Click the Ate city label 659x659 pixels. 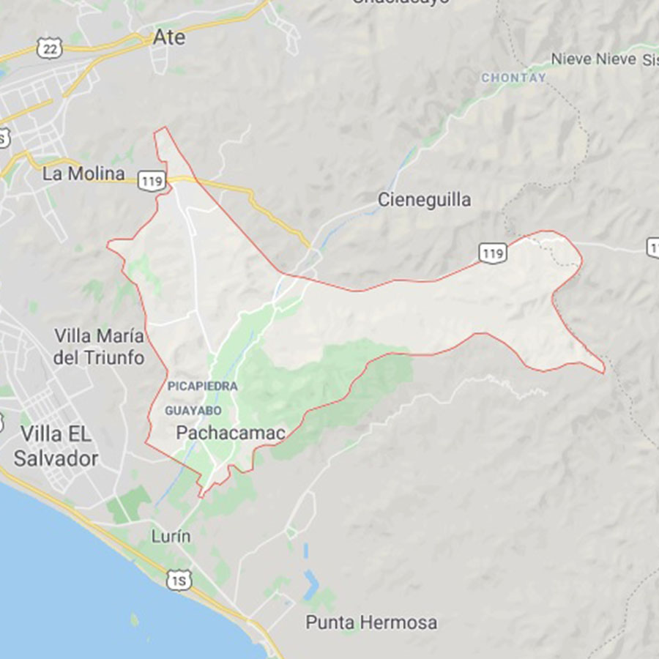[170, 37]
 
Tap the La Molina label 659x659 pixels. [83, 174]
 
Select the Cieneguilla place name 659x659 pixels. [424, 200]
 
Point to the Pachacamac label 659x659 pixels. [230, 433]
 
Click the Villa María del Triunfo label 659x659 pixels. [100, 347]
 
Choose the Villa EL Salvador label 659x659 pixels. [56, 446]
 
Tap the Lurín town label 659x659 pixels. [171, 536]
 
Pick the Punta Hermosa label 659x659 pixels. [371, 623]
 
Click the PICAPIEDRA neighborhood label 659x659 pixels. [202, 386]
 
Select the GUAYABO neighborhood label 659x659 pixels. [193, 411]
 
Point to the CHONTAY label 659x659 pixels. [513, 78]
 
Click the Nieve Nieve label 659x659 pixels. [593, 59]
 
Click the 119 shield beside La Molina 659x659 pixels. [152, 182]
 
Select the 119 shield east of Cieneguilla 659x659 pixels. [493, 253]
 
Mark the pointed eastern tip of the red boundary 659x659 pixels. [604, 372]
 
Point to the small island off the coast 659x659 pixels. [134, 620]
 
